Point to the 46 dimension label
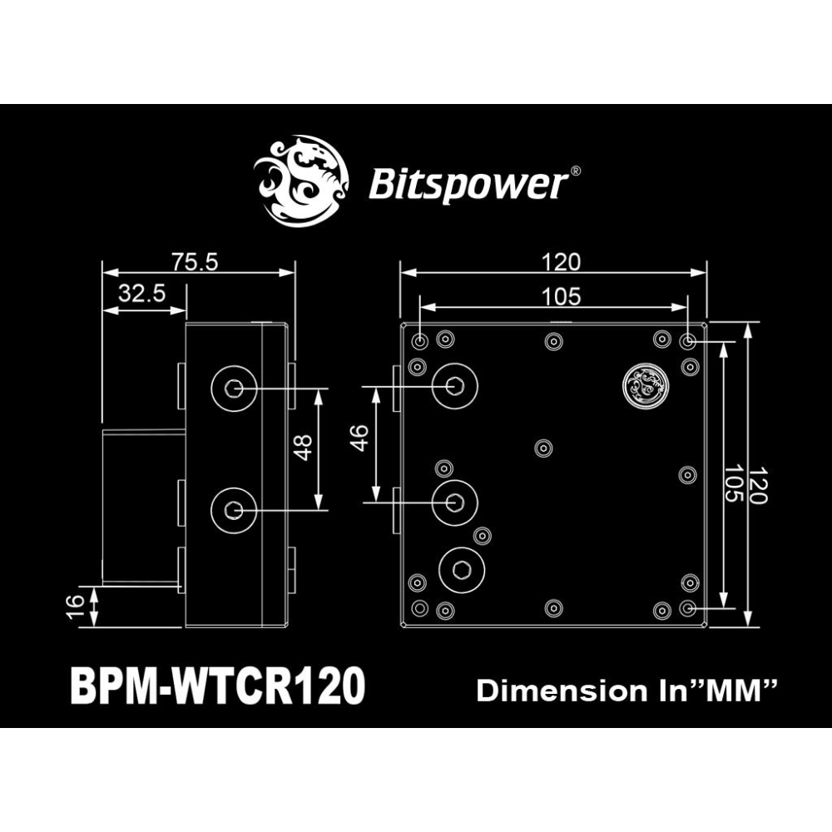coord(360,438)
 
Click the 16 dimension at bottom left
coord(75,607)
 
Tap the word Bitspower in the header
coord(465,184)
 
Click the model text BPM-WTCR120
coord(218,686)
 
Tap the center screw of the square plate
coord(544,448)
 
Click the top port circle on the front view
coord(454,385)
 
